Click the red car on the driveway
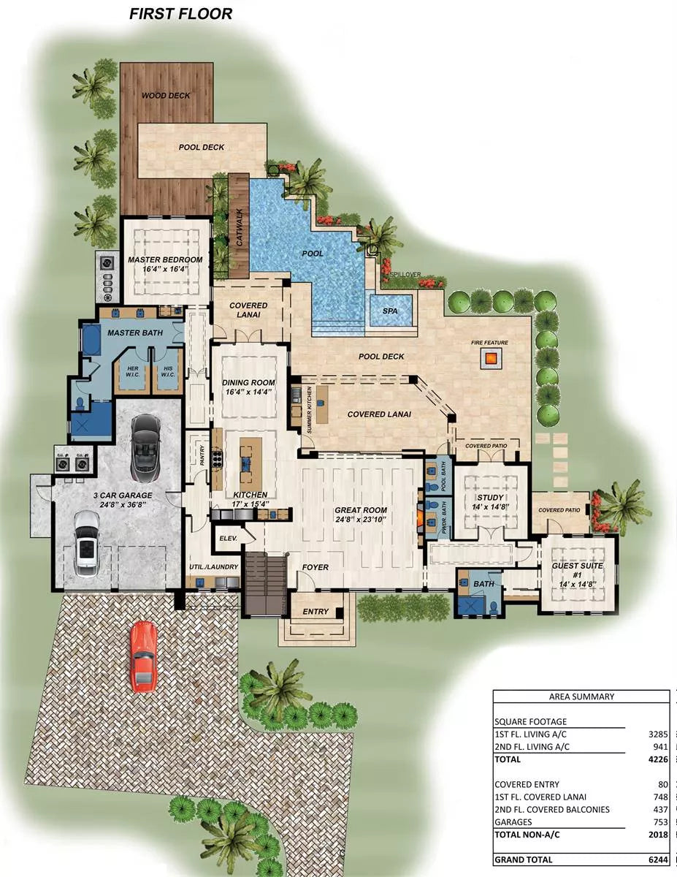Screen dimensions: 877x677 (x=144, y=656)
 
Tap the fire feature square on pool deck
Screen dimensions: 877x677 (x=491, y=358)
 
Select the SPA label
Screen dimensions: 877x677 (x=391, y=311)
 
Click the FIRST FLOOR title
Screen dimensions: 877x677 (x=181, y=13)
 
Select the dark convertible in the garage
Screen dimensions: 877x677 (x=147, y=444)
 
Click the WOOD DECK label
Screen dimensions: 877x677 (x=166, y=95)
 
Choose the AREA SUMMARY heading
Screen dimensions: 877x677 (x=581, y=696)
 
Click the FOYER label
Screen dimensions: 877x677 (x=315, y=567)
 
